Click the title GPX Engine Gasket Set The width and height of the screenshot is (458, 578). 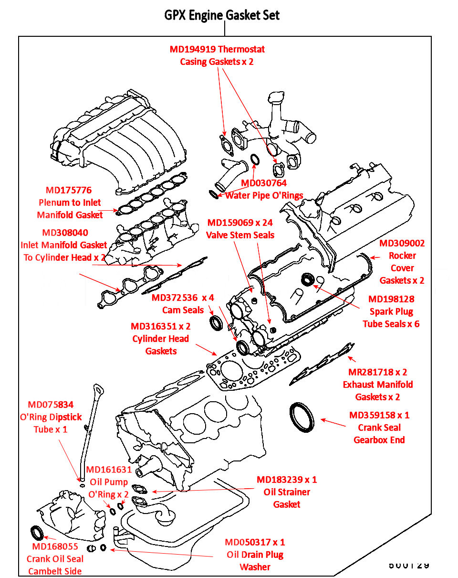pos(222,15)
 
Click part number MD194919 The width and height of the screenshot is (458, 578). pos(193,49)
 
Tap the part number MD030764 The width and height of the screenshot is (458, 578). pos(264,183)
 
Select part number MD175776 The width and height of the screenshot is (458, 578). pos(69,190)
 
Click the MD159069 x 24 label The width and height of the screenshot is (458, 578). pos(240,223)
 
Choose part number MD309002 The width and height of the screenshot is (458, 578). pos(402,243)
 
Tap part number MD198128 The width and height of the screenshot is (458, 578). pos(391,299)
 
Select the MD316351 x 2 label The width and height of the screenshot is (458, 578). pos(161,327)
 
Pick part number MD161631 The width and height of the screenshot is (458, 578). pos(109,470)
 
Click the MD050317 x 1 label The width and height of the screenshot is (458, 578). pos(255,542)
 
